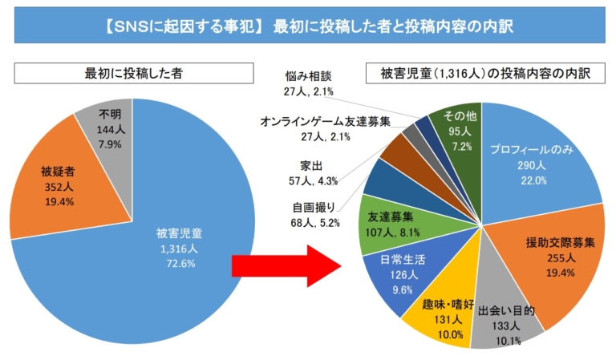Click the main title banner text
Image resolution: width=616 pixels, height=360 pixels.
308,26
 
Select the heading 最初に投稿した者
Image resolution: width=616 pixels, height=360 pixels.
133,74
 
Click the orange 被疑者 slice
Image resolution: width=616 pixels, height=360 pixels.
57,186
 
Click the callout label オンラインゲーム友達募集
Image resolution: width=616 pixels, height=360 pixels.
326,122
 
